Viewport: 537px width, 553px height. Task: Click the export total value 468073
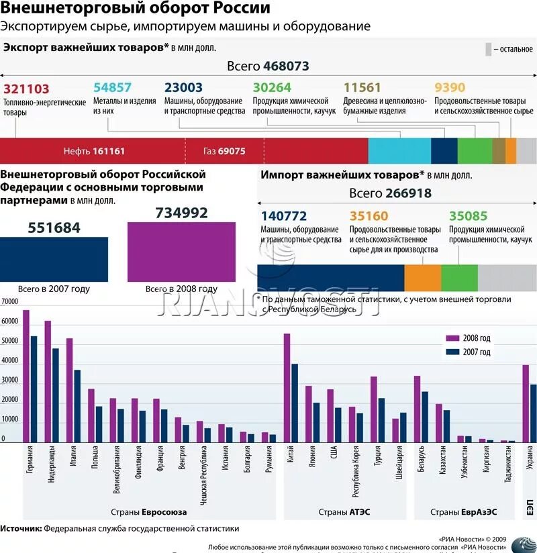pos(286,66)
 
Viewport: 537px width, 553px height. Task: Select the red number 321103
pos(27,89)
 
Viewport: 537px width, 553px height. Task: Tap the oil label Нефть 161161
pos(94,151)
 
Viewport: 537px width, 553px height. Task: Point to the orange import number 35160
pos(369,216)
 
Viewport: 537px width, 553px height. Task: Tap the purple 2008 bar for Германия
pos(26,376)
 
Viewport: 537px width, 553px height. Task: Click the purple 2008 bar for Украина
pos(526,403)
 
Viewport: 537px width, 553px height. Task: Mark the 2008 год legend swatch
pos(452,338)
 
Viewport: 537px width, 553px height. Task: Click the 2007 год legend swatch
pos(452,352)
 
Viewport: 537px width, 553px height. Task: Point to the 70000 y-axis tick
pos(9,302)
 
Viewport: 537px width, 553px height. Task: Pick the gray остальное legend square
pos(487,49)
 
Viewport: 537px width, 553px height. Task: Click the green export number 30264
pos(272,89)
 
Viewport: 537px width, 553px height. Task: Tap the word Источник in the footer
pos(21,528)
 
